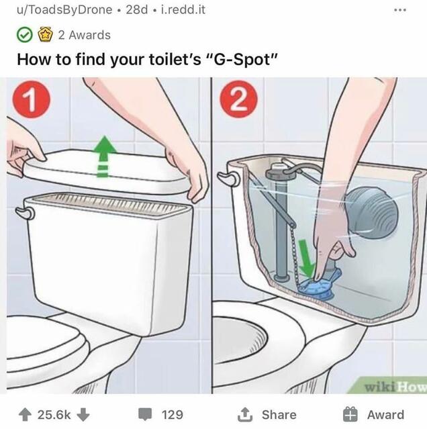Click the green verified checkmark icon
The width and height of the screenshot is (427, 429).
pos(25,35)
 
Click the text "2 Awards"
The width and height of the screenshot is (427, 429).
pos(84,35)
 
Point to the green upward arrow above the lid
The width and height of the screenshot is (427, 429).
pos(102,155)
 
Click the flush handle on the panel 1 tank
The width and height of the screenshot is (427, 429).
pos(25,213)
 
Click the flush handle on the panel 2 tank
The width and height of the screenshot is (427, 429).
pos(228,177)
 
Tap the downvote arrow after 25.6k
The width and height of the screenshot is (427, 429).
pos(83,414)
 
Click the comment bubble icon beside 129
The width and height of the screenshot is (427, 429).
pos(146,414)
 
